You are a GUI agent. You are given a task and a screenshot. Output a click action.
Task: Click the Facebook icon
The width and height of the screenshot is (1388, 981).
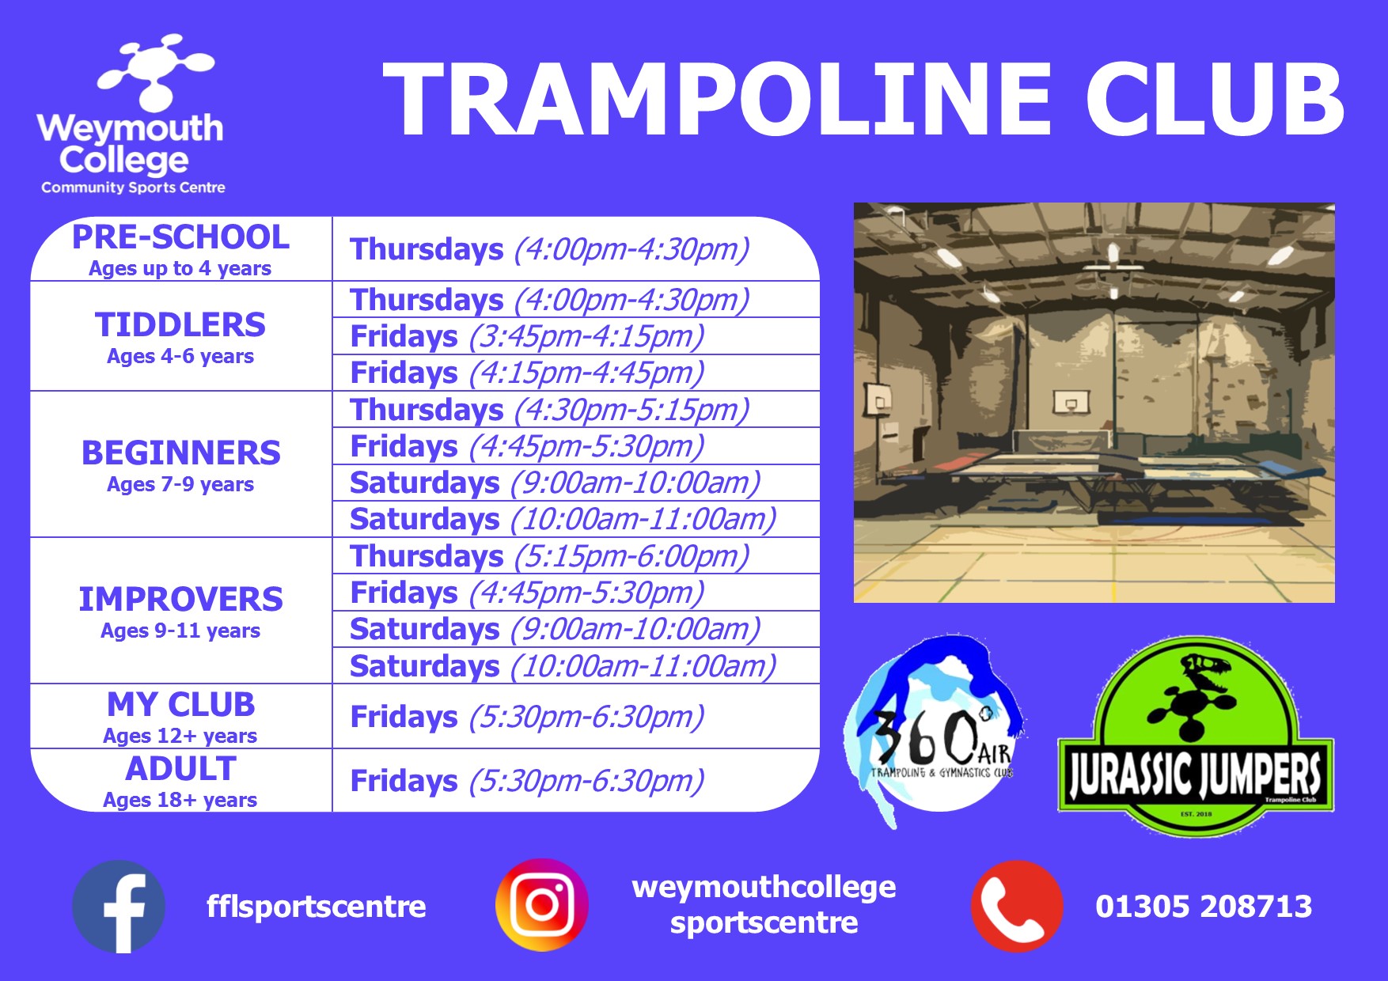[119, 907]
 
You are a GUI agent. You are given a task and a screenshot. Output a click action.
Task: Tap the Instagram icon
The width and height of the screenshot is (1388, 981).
[542, 905]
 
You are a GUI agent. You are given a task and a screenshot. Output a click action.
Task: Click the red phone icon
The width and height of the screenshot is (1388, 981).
[1017, 906]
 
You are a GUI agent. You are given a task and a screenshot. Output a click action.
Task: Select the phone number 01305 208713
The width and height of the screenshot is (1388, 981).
[1204, 907]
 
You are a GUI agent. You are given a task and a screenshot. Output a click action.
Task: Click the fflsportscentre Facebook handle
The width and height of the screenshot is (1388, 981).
[316, 907]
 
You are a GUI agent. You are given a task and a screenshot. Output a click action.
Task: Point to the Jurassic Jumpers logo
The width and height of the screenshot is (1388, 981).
[1196, 737]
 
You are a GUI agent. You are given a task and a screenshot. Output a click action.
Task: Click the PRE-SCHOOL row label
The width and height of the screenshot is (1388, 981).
[180, 237]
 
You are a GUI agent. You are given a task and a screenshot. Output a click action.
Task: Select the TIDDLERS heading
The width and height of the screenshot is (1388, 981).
[180, 325]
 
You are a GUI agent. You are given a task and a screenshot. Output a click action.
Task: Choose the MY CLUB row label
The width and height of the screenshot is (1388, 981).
[180, 705]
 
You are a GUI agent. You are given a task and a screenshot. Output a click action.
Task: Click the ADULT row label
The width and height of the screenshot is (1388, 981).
[180, 769]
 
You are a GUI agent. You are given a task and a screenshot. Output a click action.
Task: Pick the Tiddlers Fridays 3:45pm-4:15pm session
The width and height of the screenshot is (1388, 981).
[527, 336]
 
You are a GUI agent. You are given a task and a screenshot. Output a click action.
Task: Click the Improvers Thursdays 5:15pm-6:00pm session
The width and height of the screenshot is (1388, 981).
[549, 556]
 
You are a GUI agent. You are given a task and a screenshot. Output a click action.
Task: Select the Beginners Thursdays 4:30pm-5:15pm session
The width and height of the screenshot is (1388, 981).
[549, 410]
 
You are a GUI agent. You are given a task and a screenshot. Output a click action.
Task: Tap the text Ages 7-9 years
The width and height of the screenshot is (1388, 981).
[180, 484]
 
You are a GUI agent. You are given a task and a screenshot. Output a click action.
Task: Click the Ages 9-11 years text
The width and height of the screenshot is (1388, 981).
[180, 631]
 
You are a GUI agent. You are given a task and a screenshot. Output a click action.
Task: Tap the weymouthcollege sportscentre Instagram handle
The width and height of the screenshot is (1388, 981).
[764, 905]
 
